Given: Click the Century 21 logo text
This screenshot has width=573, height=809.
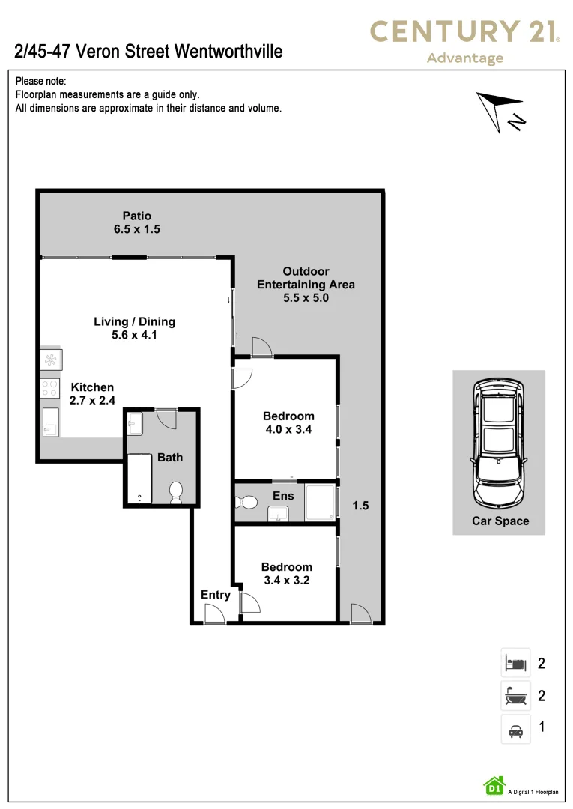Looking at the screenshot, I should click(x=465, y=31).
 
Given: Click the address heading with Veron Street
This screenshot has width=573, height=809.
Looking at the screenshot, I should click(x=148, y=52).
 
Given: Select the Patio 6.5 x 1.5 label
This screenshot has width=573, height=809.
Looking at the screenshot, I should click(x=137, y=223).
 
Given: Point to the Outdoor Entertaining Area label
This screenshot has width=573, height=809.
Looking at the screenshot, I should click(x=306, y=284).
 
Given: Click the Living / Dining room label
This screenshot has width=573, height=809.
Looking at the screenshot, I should click(x=134, y=328).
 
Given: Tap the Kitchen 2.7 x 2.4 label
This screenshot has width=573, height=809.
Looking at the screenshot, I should click(x=92, y=393).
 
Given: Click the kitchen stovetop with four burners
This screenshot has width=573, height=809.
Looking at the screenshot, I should click(x=50, y=388).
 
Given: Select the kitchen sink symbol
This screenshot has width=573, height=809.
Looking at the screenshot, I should click(x=50, y=422).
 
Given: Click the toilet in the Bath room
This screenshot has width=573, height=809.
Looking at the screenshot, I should click(x=176, y=491).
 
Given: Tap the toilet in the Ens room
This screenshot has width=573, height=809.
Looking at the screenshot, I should click(x=248, y=501).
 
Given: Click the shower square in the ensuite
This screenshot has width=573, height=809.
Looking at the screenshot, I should click(x=320, y=502).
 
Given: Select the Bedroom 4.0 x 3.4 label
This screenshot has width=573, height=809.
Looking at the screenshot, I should click(x=288, y=422).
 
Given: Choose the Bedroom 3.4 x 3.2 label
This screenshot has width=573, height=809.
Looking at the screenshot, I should click(x=287, y=573).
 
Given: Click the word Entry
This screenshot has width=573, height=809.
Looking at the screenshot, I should click(x=216, y=595).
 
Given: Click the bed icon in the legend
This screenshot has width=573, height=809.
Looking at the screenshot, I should click(x=515, y=663).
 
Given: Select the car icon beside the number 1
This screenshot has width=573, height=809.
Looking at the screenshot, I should click(x=515, y=730).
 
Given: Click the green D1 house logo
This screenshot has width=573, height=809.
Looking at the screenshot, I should click(x=494, y=785).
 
